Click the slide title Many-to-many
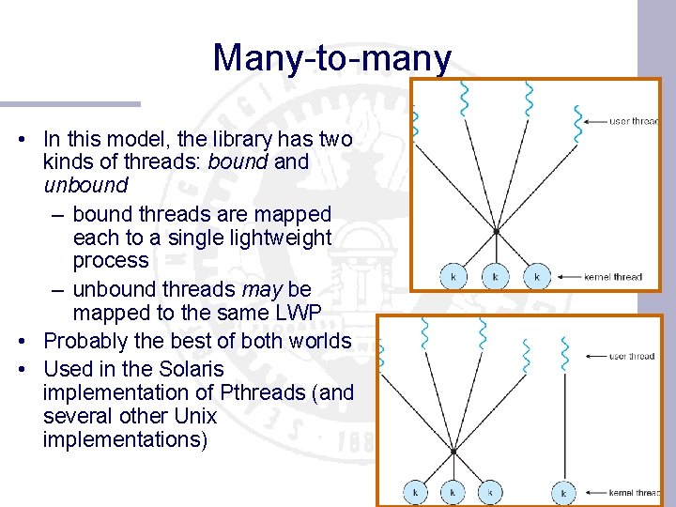coord(331,58)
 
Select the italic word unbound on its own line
coord(85,185)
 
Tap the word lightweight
coord(279,238)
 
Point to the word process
coord(111,260)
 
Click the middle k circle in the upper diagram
coord(496,276)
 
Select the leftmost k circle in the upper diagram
coord(453,276)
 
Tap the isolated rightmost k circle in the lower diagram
coord(563,491)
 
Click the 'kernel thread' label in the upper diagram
coord(613,277)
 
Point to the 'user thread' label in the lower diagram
coord(632,357)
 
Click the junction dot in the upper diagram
coord(496,230)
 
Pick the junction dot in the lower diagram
coord(453,451)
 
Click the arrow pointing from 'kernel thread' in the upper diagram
coord(568,277)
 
